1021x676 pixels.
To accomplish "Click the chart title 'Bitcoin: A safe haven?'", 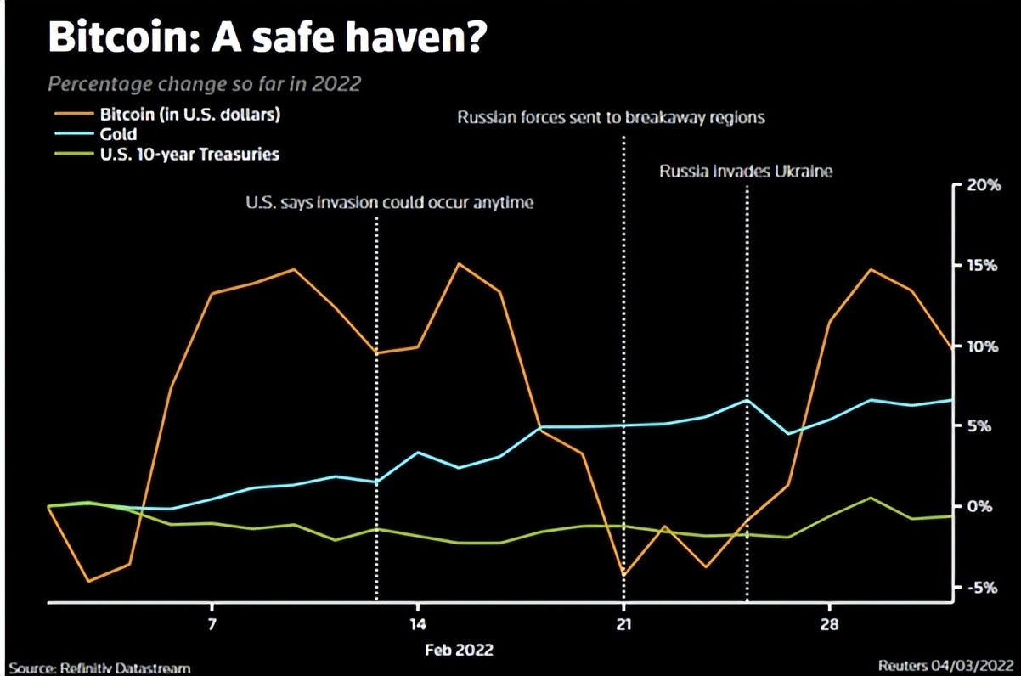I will pyautogui.click(x=266, y=38).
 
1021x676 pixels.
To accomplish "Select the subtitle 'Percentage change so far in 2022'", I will pyautogui.click(x=204, y=84).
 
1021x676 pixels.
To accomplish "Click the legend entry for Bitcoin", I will pyautogui.click(x=189, y=114).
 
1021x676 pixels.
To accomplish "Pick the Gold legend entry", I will pyautogui.click(x=118, y=134).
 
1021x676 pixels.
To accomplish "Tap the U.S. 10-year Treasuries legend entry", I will pyautogui.click(x=189, y=155).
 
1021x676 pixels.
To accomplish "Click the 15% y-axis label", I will pyautogui.click(x=984, y=266).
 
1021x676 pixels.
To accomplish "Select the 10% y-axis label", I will pyautogui.click(x=984, y=346).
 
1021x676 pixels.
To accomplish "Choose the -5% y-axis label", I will pyautogui.click(x=985, y=587).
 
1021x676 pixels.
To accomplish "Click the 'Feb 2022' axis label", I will pyautogui.click(x=459, y=650).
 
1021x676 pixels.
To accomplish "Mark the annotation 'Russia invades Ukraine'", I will pyautogui.click(x=747, y=172).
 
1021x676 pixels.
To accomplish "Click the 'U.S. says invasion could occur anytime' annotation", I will pyautogui.click(x=389, y=203).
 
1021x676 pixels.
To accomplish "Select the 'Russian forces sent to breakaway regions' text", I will pyautogui.click(x=611, y=118).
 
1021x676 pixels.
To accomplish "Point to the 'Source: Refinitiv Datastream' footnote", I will pyautogui.click(x=99, y=668).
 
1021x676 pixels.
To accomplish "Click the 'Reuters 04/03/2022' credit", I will pyautogui.click(x=946, y=666).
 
